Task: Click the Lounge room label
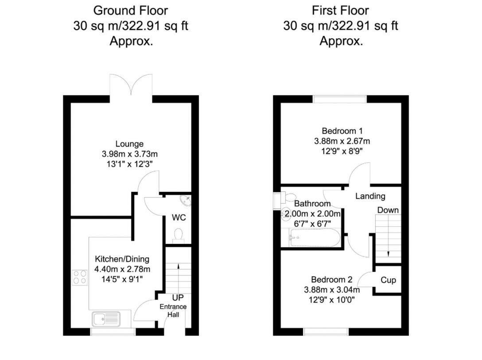pyautogui.click(x=129, y=144)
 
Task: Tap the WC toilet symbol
pyautogui.click(x=178, y=235)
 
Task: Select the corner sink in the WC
pyautogui.click(x=187, y=201)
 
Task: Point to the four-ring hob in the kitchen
pyautogui.click(x=80, y=277)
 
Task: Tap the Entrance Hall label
pyautogui.click(x=173, y=310)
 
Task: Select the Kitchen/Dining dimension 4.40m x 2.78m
pyautogui.click(x=122, y=269)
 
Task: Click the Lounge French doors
pyautogui.click(x=131, y=85)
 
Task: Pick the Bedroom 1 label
pyautogui.click(x=342, y=131)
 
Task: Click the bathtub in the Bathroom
pyautogui.click(x=315, y=239)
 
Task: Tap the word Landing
pyautogui.click(x=370, y=196)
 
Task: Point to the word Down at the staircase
pyautogui.click(x=388, y=210)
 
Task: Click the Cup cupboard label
pyautogui.click(x=388, y=280)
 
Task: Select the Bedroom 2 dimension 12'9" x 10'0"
pyautogui.click(x=332, y=300)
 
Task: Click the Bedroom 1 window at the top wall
pyautogui.click(x=340, y=99)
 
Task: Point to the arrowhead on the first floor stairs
pyautogui.click(x=389, y=254)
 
